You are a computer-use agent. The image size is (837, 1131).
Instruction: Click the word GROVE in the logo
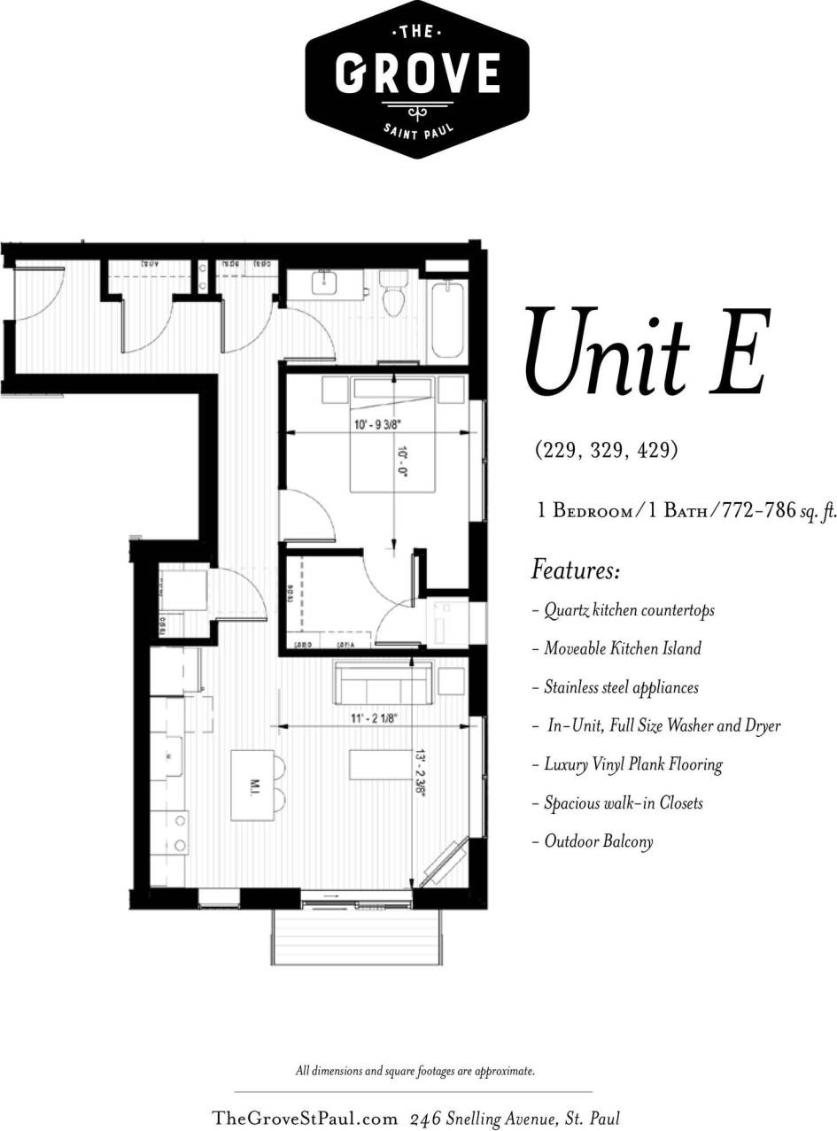[417, 74]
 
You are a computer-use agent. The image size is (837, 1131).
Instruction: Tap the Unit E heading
[646, 352]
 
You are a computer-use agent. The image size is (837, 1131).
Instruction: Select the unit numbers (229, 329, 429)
[606, 450]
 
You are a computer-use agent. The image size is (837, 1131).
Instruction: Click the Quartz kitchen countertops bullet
[624, 610]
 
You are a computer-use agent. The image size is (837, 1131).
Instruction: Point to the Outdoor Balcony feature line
[593, 841]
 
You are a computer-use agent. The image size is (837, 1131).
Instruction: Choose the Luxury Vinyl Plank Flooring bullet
[628, 764]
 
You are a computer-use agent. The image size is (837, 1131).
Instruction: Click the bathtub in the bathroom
[448, 317]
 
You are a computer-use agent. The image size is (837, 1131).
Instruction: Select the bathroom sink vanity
[325, 285]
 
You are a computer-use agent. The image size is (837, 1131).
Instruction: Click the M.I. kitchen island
[252, 786]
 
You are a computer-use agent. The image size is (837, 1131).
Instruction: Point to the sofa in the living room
[383, 683]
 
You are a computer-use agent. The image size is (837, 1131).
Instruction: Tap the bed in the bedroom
[392, 435]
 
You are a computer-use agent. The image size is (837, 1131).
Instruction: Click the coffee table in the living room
[380, 764]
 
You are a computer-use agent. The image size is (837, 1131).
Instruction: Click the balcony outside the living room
[356, 937]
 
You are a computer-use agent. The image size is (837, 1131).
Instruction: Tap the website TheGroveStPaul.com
[305, 1119]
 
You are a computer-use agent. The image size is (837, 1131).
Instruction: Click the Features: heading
[575, 569]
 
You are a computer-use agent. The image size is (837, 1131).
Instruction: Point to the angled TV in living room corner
[445, 862]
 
